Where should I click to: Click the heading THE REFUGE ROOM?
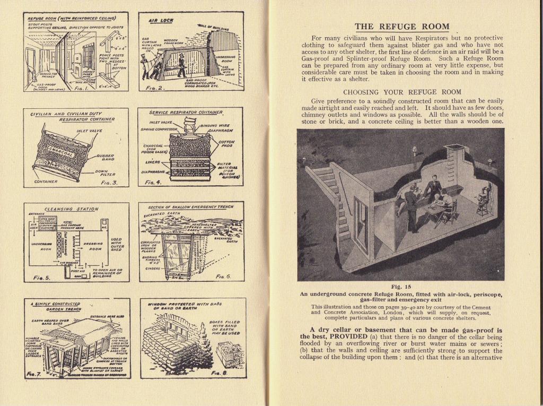[x=401, y=27]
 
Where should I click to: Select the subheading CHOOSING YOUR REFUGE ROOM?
[x=401, y=92]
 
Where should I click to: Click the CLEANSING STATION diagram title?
[x=71, y=209]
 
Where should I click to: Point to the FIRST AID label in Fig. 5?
[x=78, y=270]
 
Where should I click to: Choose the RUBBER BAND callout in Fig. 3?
[x=106, y=158]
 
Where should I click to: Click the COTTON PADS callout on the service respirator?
[x=229, y=144]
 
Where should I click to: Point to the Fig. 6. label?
[x=223, y=277]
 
